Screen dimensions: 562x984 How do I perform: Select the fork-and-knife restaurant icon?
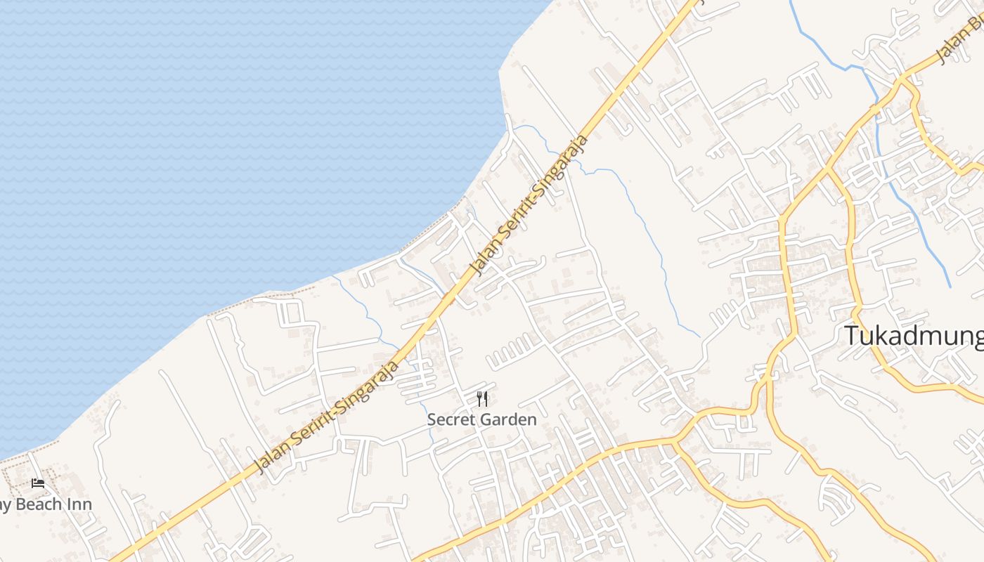point(482,400)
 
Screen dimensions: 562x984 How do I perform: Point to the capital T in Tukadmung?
point(852,336)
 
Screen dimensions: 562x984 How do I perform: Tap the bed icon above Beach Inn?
point(38,483)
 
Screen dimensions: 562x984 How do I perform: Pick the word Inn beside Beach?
point(79,504)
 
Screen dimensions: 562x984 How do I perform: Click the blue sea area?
point(211,140)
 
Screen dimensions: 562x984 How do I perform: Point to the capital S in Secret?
point(432,420)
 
